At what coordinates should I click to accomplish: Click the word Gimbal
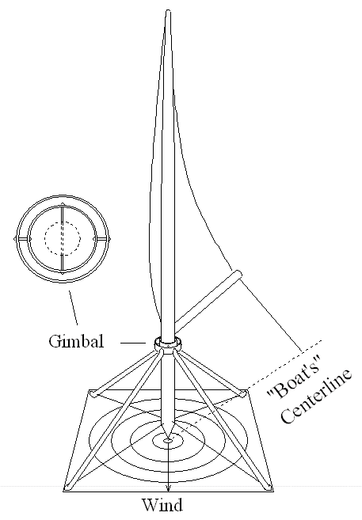point(76,341)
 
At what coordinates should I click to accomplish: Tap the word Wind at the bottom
point(162,505)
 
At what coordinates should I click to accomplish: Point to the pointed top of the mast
point(168,12)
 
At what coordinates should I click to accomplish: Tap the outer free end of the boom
point(238,275)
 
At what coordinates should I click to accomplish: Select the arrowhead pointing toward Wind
point(168,488)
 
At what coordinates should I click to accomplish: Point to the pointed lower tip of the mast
point(168,438)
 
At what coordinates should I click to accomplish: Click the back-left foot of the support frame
point(94,393)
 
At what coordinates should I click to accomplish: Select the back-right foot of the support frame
point(243,393)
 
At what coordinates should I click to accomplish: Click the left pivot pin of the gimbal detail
point(16,238)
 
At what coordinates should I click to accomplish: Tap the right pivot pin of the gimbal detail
point(109,238)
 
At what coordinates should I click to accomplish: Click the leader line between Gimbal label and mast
point(133,343)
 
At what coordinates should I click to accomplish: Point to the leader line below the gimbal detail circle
point(74,308)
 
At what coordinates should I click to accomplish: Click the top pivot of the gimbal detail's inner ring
point(62,206)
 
